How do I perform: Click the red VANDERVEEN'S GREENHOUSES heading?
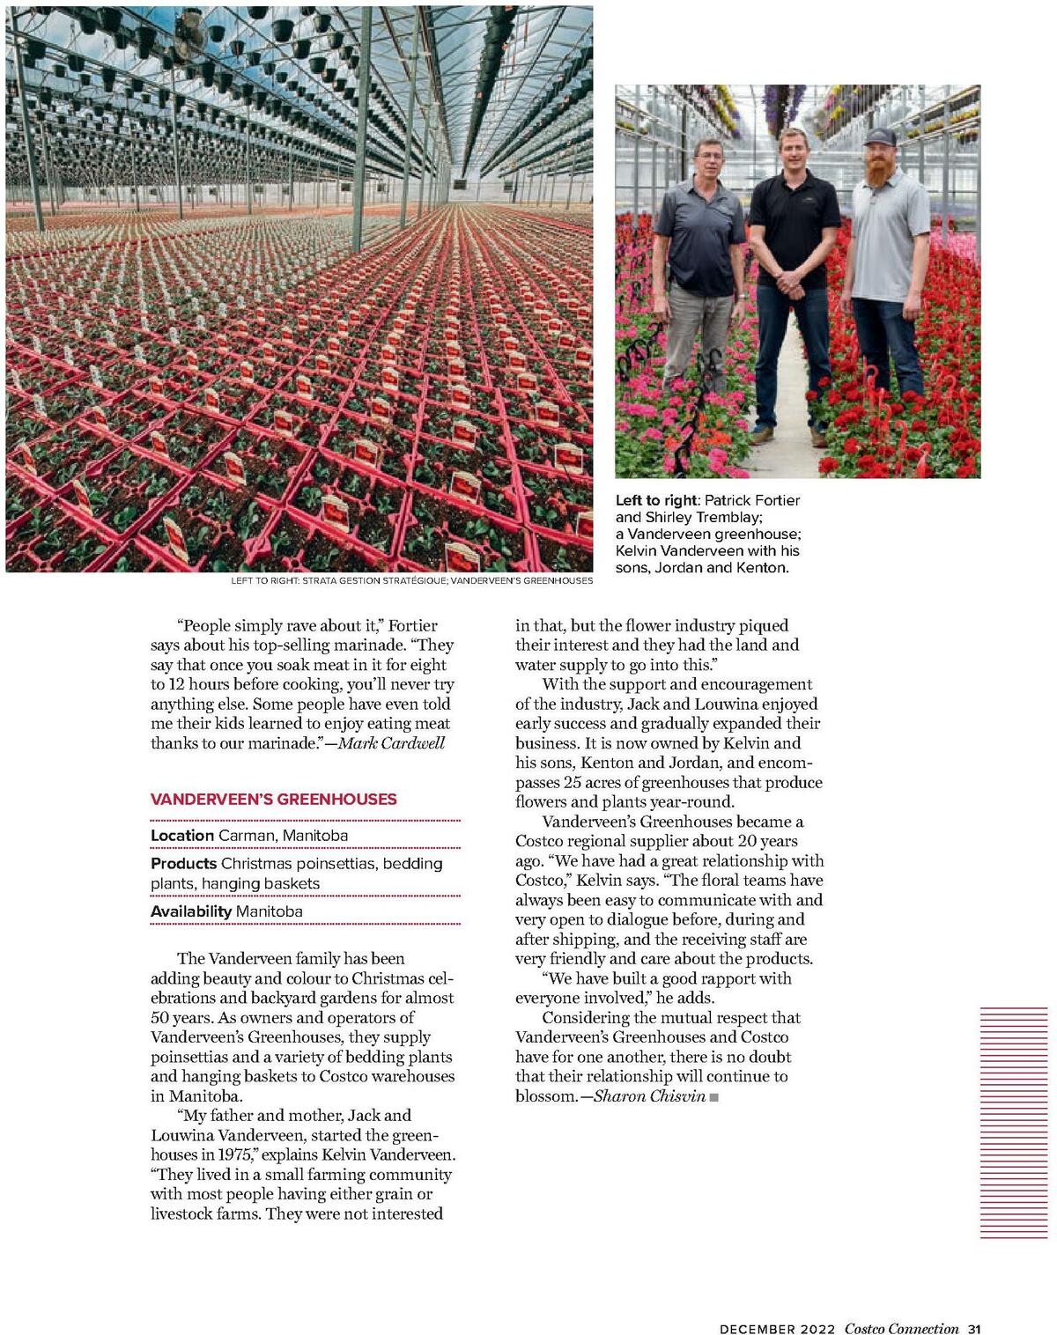click(x=273, y=800)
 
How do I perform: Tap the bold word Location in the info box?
click(x=182, y=836)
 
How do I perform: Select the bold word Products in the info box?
click(x=183, y=864)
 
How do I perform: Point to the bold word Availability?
click(x=191, y=911)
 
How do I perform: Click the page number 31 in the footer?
click(x=973, y=1329)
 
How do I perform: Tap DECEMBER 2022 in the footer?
click(x=777, y=1329)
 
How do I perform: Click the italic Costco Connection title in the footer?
click(x=901, y=1329)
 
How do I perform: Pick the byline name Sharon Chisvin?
click(x=649, y=1096)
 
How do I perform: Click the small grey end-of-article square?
click(x=714, y=1097)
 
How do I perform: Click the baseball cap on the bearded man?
click(x=879, y=136)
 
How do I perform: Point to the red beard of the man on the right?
click(x=880, y=171)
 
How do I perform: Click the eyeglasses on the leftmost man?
click(x=709, y=157)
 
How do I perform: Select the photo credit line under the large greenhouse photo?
click(x=411, y=581)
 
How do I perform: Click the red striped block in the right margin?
click(x=1014, y=1123)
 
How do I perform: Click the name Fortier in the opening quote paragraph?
click(x=412, y=626)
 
